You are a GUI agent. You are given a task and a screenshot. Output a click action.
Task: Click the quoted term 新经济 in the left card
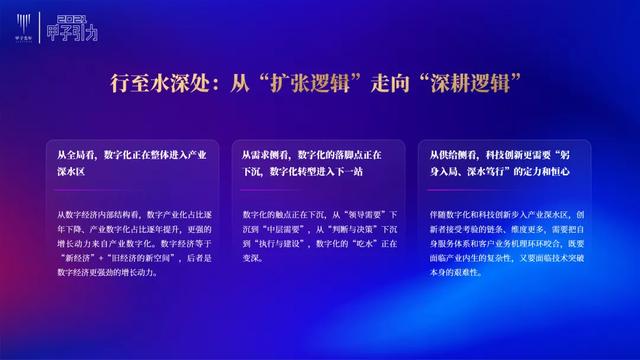pos(80,258)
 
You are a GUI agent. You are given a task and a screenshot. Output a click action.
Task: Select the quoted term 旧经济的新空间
pos(143,258)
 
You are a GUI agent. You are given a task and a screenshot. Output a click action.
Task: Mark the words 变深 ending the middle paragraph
pos(253,258)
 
